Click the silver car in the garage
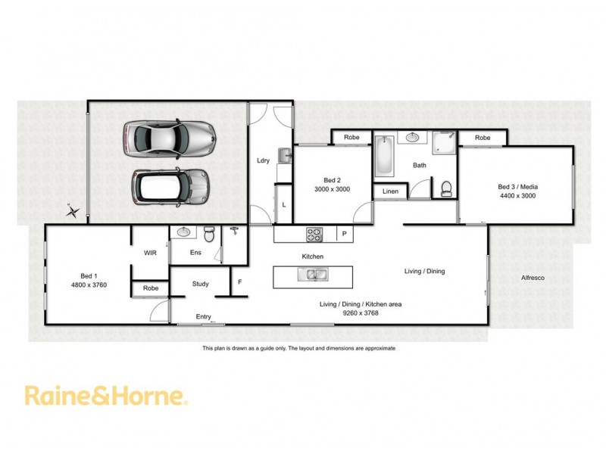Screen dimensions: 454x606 tap(169, 138)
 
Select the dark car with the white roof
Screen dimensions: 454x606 tap(170, 185)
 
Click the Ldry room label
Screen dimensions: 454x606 tap(264, 160)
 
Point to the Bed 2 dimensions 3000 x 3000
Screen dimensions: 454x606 tap(333, 189)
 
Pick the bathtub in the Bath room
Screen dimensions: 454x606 tap(383, 155)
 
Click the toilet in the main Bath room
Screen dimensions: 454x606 tap(445, 188)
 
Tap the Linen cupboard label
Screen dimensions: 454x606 tap(390, 191)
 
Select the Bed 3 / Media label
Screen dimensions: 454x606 tap(517, 186)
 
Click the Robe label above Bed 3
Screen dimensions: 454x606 tap(483, 138)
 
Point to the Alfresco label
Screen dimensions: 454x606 tap(533, 278)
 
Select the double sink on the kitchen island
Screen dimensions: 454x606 tap(313, 276)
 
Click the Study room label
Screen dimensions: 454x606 tap(200, 285)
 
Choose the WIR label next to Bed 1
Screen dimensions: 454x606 tap(150, 253)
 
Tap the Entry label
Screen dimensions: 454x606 tap(203, 316)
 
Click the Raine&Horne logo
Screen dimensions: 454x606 tap(105, 396)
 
